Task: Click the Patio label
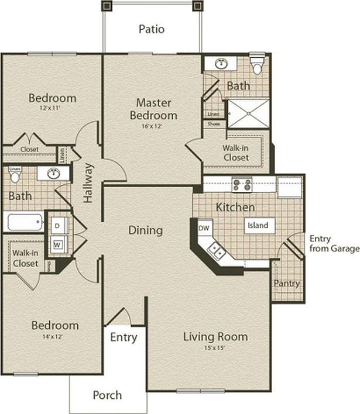[152, 29]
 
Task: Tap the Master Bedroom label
[153, 109]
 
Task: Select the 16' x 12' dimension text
[153, 126]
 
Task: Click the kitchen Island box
[258, 225]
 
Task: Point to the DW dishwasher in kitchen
[204, 227]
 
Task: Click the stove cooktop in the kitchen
[242, 185]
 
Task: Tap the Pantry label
[287, 283]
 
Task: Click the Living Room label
[215, 336]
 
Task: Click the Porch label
[107, 395]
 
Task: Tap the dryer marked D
[57, 225]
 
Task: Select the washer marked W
[57, 244]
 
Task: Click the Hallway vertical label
[88, 182]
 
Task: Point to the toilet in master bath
[257, 65]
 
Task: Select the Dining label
[145, 230]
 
